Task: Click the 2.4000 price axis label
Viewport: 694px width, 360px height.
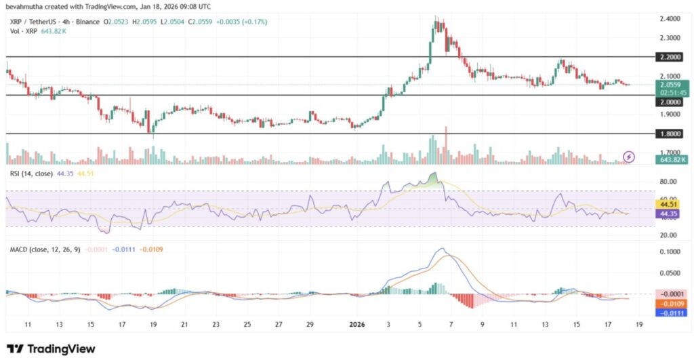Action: pyautogui.click(x=672, y=18)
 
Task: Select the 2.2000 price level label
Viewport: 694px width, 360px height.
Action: pyautogui.click(x=672, y=58)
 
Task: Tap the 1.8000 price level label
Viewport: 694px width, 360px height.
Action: pyautogui.click(x=672, y=134)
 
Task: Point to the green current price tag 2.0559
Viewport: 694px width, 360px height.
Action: pyautogui.click(x=672, y=85)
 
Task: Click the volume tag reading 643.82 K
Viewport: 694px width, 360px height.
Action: pyautogui.click(x=672, y=159)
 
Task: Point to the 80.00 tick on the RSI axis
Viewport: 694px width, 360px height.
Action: pyautogui.click(x=670, y=182)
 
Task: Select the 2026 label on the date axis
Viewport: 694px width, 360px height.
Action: pyautogui.click(x=356, y=325)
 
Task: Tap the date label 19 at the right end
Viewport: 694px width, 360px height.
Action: pyautogui.click(x=639, y=325)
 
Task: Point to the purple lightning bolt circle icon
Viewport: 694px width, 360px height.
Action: pyautogui.click(x=629, y=157)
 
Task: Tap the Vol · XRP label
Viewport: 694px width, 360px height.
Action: pyautogui.click(x=21, y=31)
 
